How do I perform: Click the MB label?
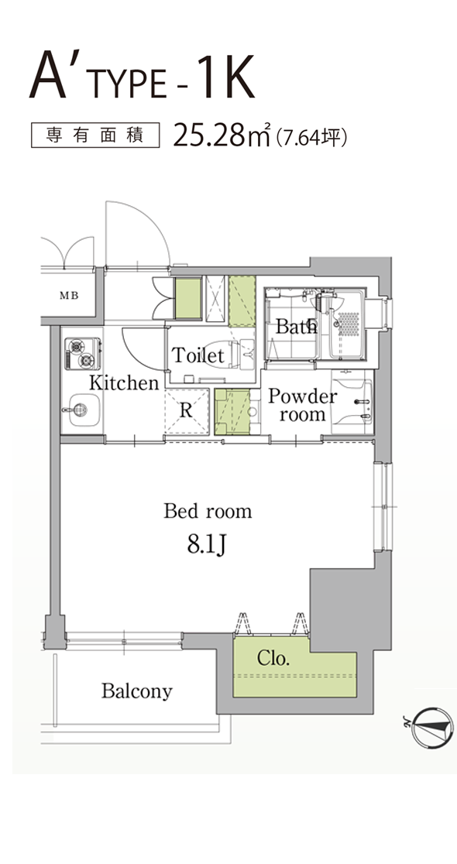click(x=69, y=295)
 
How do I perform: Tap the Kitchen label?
click(x=124, y=382)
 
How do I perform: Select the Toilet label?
click(x=198, y=355)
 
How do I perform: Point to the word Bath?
click(x=297, y=326)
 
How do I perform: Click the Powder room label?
click(x=302, y=405)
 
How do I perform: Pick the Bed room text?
click(x=208, y=511)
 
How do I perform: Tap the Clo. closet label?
click(x=273, y=658)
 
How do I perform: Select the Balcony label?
click(x=137, y=691)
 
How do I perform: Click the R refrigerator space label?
click(x=187, y=410)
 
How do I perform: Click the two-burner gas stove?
click(x=83, y=353)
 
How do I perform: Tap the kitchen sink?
click(x=81, y=410)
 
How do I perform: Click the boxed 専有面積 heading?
click(x=94, y=135)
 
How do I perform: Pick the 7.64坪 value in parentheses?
click(x=312, y=135)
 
